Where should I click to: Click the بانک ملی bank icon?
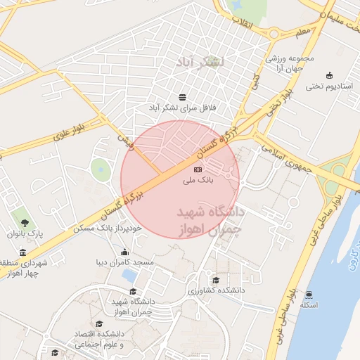click(x=198, y=169)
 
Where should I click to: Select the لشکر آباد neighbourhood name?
click(x=201, y=62)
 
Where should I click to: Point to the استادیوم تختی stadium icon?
click(x=329, y=75)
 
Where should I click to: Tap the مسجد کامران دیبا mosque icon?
click(x=125, y=252)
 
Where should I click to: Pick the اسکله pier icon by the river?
click(x=309, y=295)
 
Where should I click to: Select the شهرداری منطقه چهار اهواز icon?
click(x=23, y=253)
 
